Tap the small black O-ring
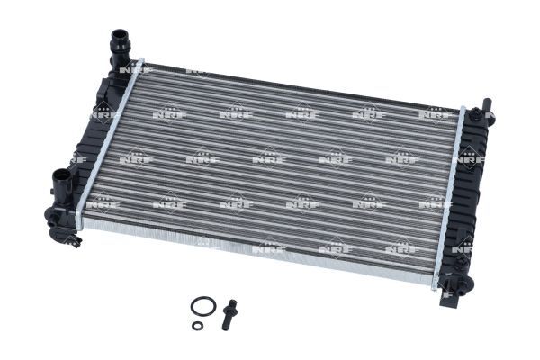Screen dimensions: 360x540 [x=198, y=326]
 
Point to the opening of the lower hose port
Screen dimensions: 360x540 [x=58, y=175]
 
